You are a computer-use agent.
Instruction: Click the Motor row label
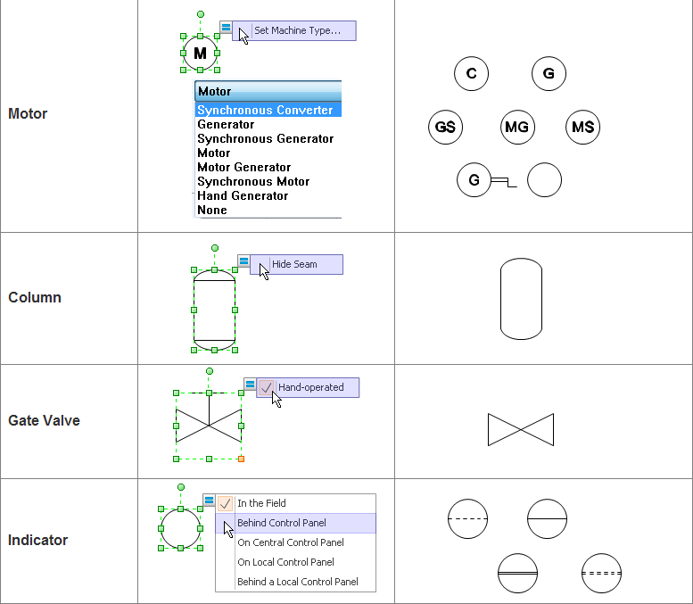pos(28,114)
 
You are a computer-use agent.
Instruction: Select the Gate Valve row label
pos(44,420)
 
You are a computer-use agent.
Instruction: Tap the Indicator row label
pos(37,540)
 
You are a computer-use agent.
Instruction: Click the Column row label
pos(35,297)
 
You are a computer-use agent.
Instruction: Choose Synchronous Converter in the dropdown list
pos(266,111)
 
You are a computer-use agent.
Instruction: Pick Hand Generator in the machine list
pos(243,195)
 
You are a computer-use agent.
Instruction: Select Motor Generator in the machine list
pos(243,167)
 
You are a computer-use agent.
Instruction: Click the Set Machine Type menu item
pos(297,30)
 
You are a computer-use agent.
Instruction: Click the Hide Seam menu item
pos(294,264)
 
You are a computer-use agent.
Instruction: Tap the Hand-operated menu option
pos(310,387)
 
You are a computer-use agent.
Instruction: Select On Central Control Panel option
pos(291,542)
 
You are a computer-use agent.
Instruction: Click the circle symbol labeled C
pos(471,74)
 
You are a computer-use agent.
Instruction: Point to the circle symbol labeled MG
pos(516,127)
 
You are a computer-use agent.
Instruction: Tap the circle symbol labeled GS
pos(445,127)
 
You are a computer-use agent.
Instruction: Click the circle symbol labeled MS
pos(582,127)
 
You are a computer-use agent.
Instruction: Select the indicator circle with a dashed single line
pos(467,518)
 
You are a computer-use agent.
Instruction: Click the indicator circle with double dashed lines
pos(601,573)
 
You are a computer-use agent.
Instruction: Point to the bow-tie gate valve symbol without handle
pos(521,429)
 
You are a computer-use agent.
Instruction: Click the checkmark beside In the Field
pos(226,503)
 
